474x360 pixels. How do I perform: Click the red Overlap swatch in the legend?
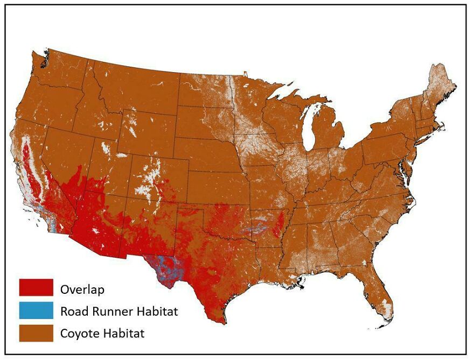coord(36,287)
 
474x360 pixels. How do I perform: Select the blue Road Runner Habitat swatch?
coord(36,310)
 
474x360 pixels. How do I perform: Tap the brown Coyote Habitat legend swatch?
coord(36,333)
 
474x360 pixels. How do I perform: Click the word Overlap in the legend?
coord(82,290)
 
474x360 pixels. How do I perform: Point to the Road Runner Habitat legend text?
coord(119,311)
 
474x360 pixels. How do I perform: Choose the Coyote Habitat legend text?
coord(102,333)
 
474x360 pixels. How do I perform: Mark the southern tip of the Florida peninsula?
coord(384,324)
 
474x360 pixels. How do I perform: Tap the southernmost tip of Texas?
coord(220,322)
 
